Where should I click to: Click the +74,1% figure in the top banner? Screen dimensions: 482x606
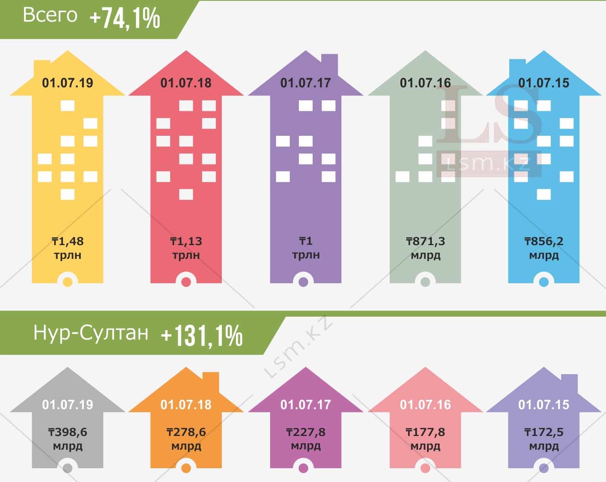point(125,18)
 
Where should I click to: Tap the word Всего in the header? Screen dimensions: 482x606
point(50,15)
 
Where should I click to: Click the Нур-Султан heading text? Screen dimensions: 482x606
point(91,333)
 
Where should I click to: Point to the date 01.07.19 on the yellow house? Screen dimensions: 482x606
point(68,83)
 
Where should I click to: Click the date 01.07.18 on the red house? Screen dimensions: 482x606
point(186,83)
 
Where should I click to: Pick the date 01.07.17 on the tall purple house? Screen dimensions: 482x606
point(306,83)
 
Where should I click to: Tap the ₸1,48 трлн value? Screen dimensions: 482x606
point(68,248)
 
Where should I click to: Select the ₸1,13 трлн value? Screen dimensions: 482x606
point(186,248)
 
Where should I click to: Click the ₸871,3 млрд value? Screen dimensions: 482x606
point(425,248)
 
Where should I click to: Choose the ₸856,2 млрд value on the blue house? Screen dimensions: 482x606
point(544,248)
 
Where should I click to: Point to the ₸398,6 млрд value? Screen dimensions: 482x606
point(68,439)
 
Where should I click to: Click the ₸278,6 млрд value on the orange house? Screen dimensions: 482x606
point(186,439)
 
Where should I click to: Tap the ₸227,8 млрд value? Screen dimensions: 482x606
point(306,439)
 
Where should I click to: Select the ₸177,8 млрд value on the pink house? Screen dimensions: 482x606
point(425,439)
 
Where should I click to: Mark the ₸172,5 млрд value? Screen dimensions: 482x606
point(544,439)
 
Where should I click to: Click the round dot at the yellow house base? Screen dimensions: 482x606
point(68,282)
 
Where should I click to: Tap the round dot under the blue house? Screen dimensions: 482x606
point(544,282)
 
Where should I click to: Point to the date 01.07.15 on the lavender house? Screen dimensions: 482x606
point(544,405)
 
